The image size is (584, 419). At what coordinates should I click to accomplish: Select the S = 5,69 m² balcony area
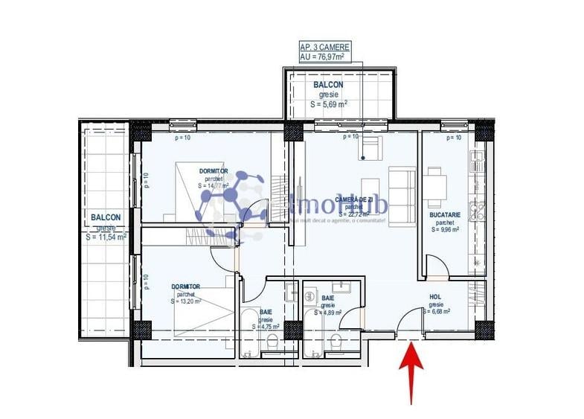click(329, 104)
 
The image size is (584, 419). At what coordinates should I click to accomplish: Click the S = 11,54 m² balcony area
click(106, 237)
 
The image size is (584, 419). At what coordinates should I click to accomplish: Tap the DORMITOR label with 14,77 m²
click(214, 170)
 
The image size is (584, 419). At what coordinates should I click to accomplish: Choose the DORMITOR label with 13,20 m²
click(186, 286)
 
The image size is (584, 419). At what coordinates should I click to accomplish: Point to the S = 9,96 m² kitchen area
click(445, 230)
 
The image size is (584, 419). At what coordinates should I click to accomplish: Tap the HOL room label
click(435, 296)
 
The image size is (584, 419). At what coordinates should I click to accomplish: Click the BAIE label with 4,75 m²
click(266, 313)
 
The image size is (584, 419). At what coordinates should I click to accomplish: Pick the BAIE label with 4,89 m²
click(327, 298)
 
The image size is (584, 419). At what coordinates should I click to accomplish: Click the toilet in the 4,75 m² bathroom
click(272, 343)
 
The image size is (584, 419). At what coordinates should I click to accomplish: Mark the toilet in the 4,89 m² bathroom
click(336, 343)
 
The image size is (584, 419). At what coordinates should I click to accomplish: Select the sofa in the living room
click(403, 193)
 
